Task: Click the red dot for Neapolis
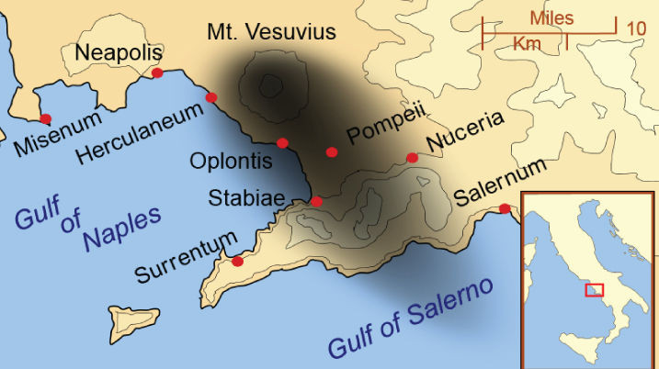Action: coord(157,73)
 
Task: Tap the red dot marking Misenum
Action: coord(45,118)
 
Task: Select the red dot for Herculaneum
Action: coord(211,97)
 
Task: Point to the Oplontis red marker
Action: coord(282,142)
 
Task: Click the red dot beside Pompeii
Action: coord(332,151)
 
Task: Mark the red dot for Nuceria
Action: coord(412,158)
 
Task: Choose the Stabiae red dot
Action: coord(316,201)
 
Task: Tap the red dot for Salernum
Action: coord(505,208)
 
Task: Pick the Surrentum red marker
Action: coord(237,262)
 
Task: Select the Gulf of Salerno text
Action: coord(412,317)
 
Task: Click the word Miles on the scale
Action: coord(552,17)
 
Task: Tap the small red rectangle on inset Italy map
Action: coord(595,290)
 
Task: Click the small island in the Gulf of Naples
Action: coord(131,320)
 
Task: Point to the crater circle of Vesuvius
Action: coord(269,86)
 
